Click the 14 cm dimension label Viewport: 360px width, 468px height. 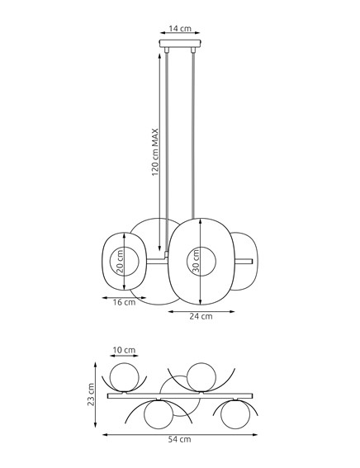click(180, 29)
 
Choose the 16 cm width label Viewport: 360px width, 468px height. click(123, 303)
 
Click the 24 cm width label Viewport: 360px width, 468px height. click(201, 317)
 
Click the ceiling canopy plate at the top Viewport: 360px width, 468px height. click(180, 45)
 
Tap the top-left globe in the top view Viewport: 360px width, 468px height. click(125, 378)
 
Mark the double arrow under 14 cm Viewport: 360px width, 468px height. click(180, 35)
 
